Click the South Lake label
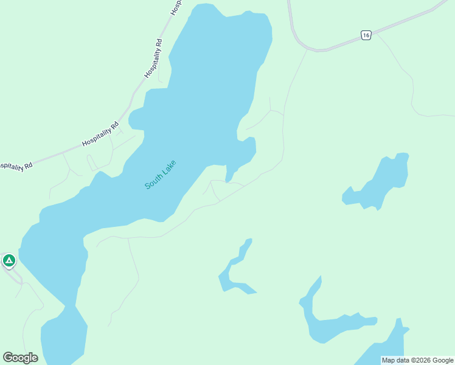pyautogui.click(x=161, y=175)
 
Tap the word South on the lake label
pyautogui.click(x=154, y=181)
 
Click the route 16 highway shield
pyautogui.click(x=365, y=35)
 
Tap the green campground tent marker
pyautogui.click(x=9, y=261)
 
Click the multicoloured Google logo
pyautogui.click(x=20, y=358)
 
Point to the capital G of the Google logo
pyautogui.click(x=9, y=357)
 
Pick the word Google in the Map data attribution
pyautogui.click(x=443, y=360)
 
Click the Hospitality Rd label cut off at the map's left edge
pyautogui.click(x=15, y=165)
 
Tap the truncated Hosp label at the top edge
pyautogui.click(x=176, y=7)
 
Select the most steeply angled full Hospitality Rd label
pyautogui.click(x=154, y=58)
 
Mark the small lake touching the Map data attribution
pyautogui.click(x=383, y=347)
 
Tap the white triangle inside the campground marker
pyautogui.click(x=9, y=260)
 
